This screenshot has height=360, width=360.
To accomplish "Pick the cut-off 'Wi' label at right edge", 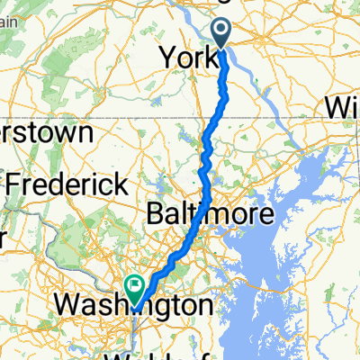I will click(x=342, y=108).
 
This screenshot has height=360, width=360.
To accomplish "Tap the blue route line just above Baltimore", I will click(x=208, y=184).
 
